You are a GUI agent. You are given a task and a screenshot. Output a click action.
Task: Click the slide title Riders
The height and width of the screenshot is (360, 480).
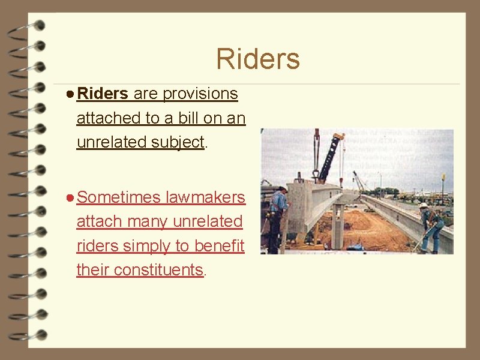(x=258, y=59)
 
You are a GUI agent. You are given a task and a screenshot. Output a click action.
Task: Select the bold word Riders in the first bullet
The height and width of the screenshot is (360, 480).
(x=103, y=94)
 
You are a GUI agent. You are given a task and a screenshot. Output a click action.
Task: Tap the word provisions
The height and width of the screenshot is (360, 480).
(x=200, y=94)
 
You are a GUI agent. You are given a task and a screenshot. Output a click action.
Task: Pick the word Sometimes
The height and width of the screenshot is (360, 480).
(x=119, y=197)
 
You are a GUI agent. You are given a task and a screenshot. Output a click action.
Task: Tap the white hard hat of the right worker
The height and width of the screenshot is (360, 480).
(x=424, y=206)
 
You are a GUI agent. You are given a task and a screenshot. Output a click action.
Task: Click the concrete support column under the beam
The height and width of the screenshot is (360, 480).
(x=338, y=225)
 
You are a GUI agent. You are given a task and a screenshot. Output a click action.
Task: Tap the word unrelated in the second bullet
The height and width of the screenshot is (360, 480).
(x=208, y=221)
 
